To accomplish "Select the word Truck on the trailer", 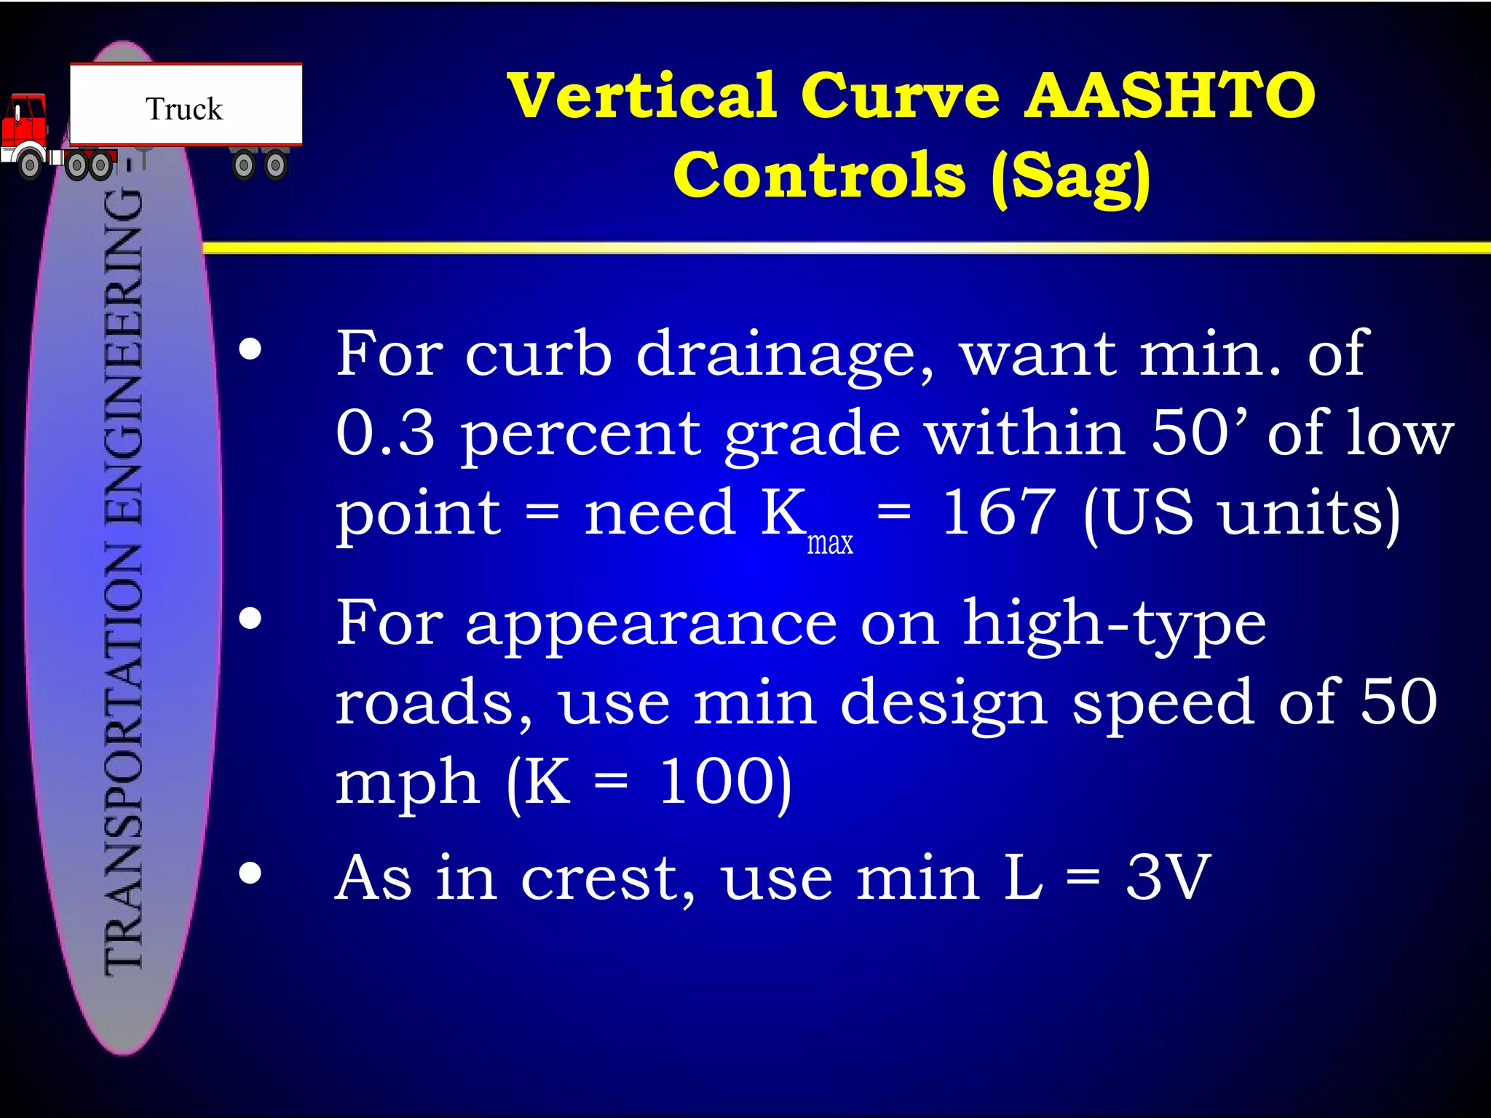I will point(184,109).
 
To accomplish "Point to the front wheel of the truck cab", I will point(30,164).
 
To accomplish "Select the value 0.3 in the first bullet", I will point(385,432).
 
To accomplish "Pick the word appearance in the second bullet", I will point(652,625).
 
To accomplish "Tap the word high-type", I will point(1115,625).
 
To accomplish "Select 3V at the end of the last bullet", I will point(1168,878).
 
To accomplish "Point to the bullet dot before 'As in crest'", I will point(250,873).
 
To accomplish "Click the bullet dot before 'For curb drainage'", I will point(250,350).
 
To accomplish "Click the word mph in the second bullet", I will point(407,783).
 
